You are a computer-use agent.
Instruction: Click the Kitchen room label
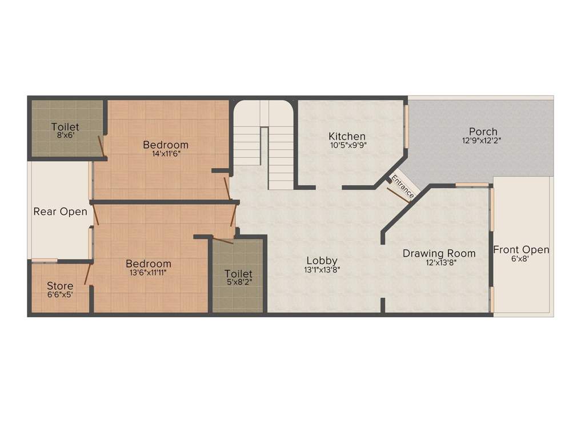tap(347, 136)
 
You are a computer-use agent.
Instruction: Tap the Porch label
tap(483, 131)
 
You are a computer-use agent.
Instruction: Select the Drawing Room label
tap(439, 253)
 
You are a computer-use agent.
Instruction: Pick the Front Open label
tap(521, 250)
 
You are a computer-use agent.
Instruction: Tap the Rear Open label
tap(60, 211)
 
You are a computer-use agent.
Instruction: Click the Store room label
tap(60, 286)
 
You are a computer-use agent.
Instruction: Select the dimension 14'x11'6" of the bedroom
tap(166, 154)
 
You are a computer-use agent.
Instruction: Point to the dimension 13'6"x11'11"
tap(149, 273)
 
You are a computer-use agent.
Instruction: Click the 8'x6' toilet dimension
tap(65, 135)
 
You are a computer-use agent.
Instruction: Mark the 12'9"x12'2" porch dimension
tap(483, 140)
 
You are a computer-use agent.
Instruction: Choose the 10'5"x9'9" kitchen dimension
tap(347, 145)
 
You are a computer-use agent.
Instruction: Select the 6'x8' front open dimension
tap(520, 259)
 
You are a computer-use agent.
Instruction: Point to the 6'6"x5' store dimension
tap(60, 294)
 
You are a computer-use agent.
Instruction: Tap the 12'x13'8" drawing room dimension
tap(439, 262)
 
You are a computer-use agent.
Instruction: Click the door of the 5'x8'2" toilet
tap(222, 240)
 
